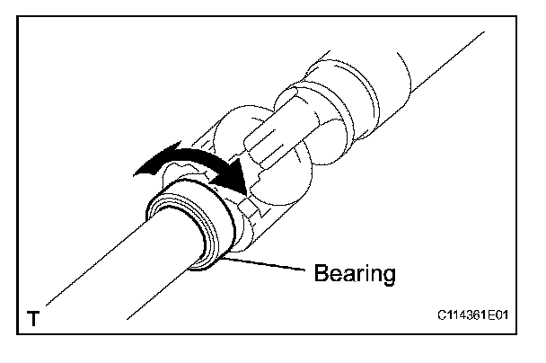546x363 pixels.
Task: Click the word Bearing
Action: pos(354,272)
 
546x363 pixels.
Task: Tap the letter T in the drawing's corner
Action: pos(33,319)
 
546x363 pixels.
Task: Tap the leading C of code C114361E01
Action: pos(442,317)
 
